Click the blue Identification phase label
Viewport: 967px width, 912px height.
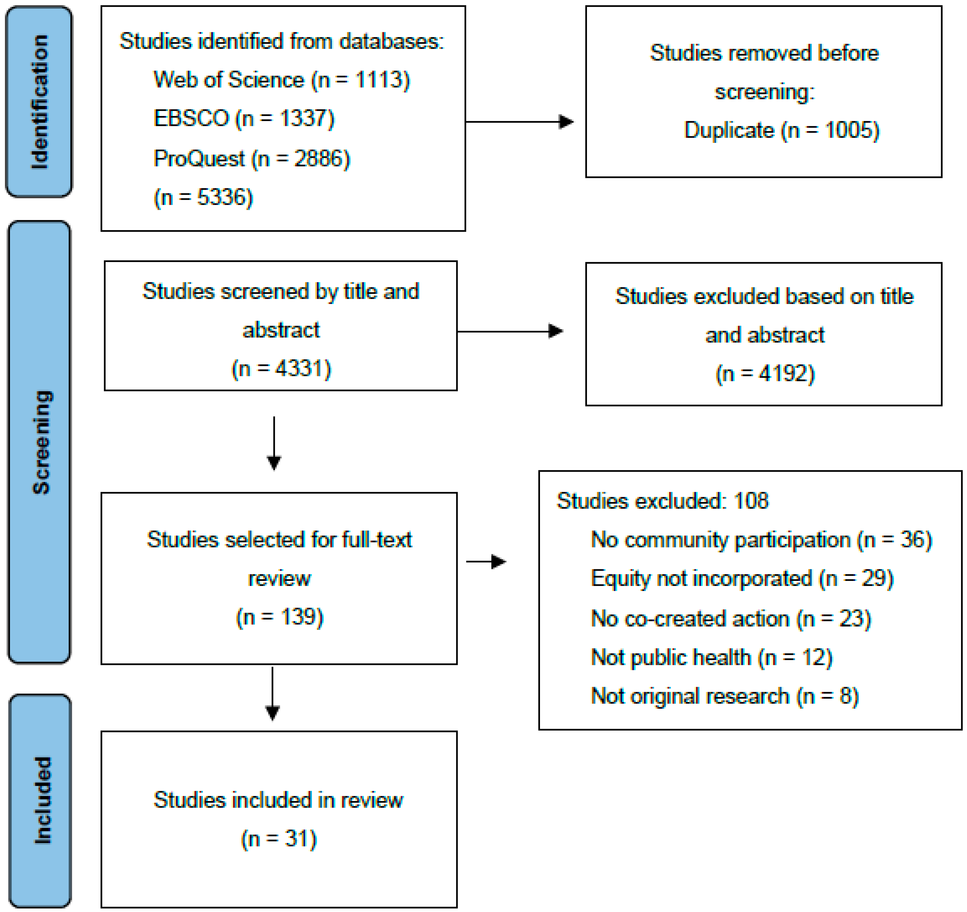(x=39, y=102)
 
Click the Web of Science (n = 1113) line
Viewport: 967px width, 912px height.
(x=282, y=80)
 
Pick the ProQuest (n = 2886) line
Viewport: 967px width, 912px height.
(x=251, y=159)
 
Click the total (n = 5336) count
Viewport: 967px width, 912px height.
(x=203, y=198)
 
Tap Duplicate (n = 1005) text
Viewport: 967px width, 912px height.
(x=782, y=131)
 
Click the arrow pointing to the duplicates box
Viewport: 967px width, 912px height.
(x=520, y=122)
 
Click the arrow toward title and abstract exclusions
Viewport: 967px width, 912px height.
(x=510, y=331)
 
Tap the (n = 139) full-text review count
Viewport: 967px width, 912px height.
(x=280, y=617)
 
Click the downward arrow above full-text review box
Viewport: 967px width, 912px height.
(x=274, y=443)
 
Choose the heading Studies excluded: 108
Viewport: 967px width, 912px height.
(x=662, y=501)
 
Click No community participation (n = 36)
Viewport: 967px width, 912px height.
(x=761, y=540)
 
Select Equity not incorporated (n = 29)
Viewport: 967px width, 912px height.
(x=742, y=579)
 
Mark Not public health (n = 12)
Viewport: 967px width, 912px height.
(x=711, y=657)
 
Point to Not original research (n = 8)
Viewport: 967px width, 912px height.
(x=724, y=696)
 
